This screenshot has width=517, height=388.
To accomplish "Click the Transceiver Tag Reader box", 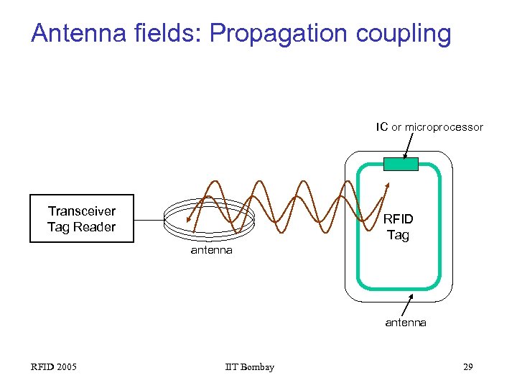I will pyautogui.click(x=81, y=218).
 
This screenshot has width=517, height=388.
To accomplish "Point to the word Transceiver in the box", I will pyautogui.click(x=81, y=211).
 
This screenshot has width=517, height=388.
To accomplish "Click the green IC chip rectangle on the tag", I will pyautogui.click(x=401, y=164).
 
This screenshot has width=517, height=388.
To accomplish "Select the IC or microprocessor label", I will pyautogui.click(x=429, y=127).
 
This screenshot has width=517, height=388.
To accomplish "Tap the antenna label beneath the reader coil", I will pyautogui.click(x=211, y=250).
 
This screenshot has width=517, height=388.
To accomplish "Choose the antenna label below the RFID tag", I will pyautogui.click(x=406, y=323).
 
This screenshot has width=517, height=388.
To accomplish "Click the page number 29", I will pyautogui.click(x=467, y=367).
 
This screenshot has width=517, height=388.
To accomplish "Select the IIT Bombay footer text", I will pyautogui.click(x=249, y=367).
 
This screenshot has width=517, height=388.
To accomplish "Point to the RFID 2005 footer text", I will pyautogui.click(x=54, y=367).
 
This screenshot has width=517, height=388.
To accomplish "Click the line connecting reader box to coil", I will pyautogui.click(x=149, y=218).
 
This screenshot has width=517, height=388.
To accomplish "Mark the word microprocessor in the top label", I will pyautogui.click(x=444, y=127).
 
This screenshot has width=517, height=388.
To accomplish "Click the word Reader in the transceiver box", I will pyautogui.click(x=99, y=227).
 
